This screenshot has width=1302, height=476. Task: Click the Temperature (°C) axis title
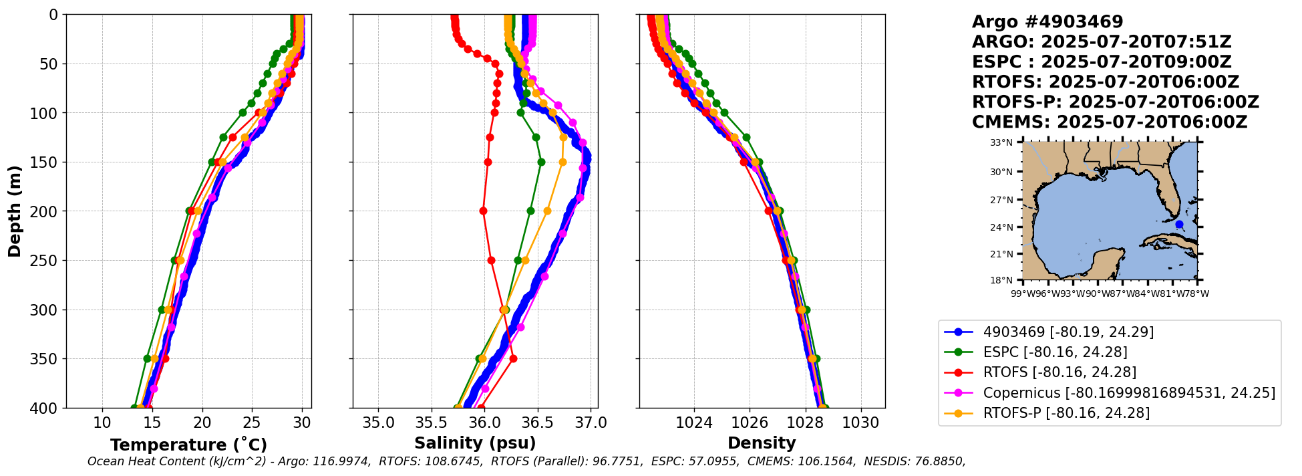(x=188, y=445)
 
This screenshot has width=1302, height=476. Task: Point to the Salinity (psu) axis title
(x=475, y=443)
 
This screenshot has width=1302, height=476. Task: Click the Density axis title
(x=762, y=443)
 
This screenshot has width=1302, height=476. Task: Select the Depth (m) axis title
(x=14, y=211)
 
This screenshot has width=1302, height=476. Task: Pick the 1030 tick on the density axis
(x=860, y=423)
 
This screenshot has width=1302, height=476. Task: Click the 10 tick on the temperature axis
(x=102, y=423)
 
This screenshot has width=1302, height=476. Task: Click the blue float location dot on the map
(x=1179, y=225)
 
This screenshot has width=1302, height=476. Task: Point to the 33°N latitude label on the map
(x=1001, y=142)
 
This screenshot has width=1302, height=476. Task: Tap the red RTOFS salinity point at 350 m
(x=513, y=359)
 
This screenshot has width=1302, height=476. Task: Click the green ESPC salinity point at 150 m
(x=541, y=162)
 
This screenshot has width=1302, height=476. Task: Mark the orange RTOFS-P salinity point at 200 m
(x=547, y=211)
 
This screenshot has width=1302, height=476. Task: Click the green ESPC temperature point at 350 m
(x=147, y=359)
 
